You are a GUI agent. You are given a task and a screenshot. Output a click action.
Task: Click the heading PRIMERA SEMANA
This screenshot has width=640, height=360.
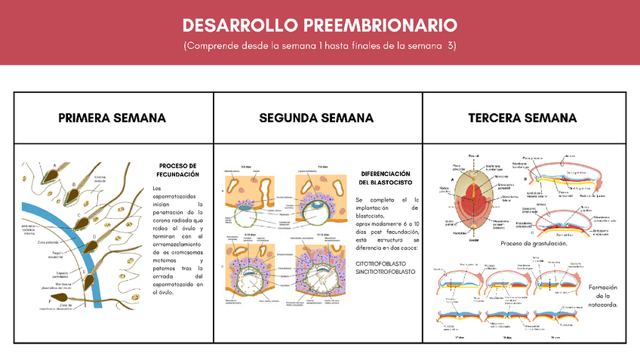112,118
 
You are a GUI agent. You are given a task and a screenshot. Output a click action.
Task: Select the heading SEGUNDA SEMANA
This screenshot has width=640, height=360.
316,118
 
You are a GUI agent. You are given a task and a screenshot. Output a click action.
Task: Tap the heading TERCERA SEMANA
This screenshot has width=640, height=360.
522,118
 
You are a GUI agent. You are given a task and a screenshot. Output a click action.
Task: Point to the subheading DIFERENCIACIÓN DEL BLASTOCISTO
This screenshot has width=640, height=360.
385,177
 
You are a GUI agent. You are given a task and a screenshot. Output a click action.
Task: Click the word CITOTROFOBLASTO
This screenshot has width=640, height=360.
381,261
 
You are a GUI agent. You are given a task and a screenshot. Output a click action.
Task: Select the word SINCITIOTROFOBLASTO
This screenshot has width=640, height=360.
386,271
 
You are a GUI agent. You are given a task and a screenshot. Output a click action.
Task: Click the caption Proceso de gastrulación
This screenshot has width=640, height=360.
534,244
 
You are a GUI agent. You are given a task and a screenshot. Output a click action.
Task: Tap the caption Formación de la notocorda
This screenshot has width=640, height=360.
602,296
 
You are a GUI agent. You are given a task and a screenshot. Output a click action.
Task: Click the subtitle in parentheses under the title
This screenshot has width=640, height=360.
319,47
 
